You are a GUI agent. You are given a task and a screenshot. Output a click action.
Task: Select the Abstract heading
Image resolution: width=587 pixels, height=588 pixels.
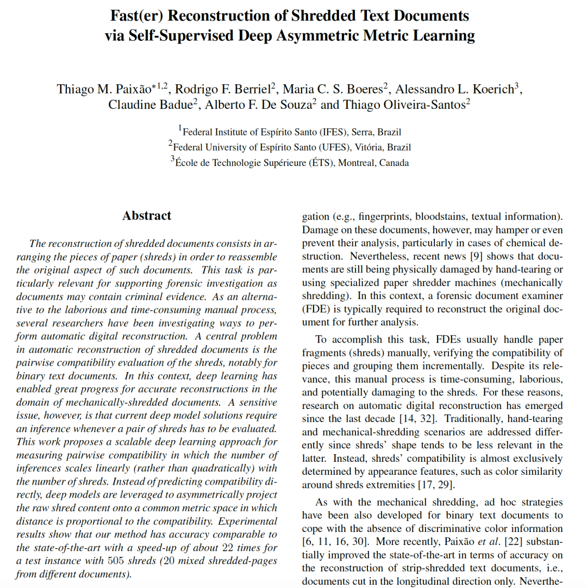(x=147, y=216)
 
